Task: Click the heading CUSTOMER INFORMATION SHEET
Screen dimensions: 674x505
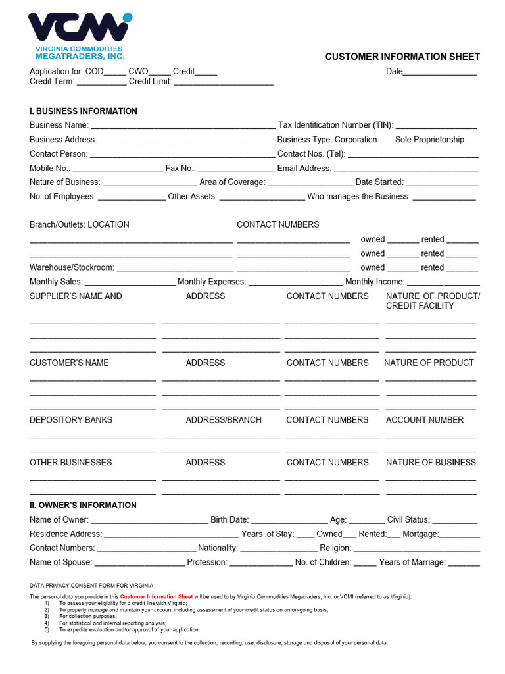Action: point(402,57)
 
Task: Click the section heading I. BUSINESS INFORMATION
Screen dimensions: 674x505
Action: point(84,111)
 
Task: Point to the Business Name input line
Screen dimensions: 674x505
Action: point(183,126)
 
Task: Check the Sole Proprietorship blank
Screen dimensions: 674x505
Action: point(471,141)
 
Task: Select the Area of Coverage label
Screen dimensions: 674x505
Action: point(232,182)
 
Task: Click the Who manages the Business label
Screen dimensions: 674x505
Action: point(358,196)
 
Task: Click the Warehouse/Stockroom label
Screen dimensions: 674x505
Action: point(72,267)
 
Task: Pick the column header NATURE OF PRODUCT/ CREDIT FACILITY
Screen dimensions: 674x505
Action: point(433,301)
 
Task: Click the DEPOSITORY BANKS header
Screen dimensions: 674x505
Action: point(71,420)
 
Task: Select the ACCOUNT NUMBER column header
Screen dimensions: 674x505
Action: point(424,420)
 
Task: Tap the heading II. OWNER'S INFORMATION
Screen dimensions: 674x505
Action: point(83,505)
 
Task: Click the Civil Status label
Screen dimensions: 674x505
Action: point(408,519)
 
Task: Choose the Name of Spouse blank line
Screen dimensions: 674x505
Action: point(139,563)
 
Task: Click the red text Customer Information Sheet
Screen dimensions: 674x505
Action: point(156,596)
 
